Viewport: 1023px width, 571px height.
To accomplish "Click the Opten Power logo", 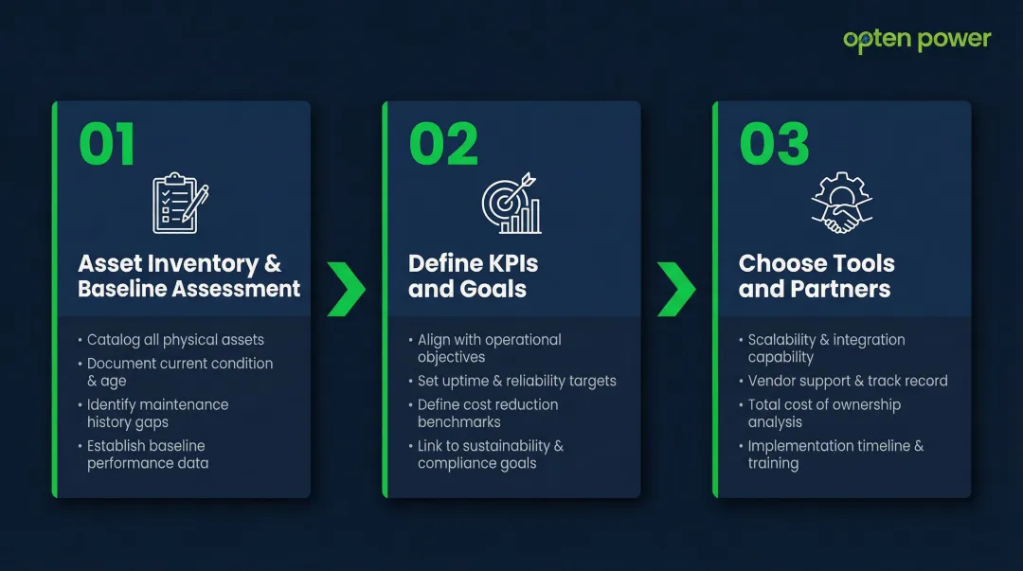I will pos(916,40).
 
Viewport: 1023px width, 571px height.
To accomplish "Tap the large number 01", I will pos(107,145).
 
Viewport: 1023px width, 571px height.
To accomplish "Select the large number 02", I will pos(443,145).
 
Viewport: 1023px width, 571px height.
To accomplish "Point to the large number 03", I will pos(774,145).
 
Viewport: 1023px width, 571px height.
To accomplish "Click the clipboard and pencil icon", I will pos(180,203).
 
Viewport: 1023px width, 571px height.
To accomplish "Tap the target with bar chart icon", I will pos(511,203).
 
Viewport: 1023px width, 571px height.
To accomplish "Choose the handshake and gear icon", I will pos(841,203).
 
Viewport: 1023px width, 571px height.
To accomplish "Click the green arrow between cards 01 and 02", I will pos(346,289).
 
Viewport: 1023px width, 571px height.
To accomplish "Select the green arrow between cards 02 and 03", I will pos(676,289).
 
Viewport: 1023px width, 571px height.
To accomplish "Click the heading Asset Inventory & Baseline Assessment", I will pos(188,276).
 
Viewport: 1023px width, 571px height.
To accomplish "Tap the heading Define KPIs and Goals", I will pos(473,276).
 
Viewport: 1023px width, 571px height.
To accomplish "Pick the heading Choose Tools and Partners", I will pos(816,276).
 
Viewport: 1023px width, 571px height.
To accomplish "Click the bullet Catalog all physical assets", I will pos(175,340).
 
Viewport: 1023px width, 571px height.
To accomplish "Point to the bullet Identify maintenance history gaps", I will pos(156,413).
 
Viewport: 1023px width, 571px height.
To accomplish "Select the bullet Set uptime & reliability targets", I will pos(516,381).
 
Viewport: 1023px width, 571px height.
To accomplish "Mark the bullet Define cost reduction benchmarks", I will pos(487,413).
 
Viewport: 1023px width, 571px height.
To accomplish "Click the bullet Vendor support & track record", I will pos(847,381).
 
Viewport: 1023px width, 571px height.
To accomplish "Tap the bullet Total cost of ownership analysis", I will pos(823,413).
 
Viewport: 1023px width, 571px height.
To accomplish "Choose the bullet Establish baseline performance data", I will pos(147,455).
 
